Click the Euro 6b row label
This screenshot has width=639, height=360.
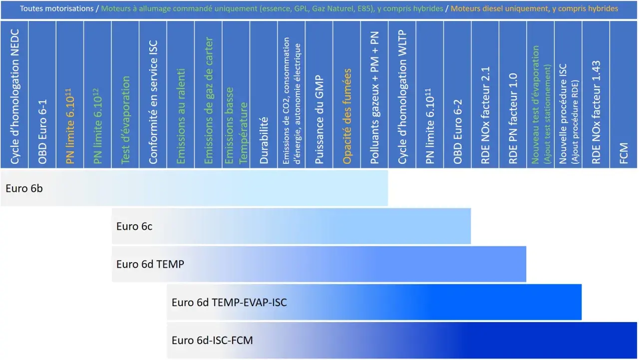pos(24,189)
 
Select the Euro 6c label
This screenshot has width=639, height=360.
pos(134,226)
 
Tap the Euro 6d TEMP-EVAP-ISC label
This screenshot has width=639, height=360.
pos(229,303)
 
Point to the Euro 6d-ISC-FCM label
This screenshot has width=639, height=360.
pos(212,341)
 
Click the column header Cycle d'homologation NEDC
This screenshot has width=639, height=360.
pos(14,96)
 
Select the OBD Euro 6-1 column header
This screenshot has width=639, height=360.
pos(42,132)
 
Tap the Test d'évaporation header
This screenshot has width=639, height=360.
pos(125,120)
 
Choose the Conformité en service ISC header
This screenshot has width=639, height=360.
pos(153,102)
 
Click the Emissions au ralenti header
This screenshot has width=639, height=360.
pos(181,116)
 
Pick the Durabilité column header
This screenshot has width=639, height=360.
pos(264,140)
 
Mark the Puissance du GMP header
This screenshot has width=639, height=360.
pos(319,120)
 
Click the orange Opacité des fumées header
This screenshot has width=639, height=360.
pos(346,116)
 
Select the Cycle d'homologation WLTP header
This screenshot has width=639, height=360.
pos(402,97)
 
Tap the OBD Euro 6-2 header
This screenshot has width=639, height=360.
pos(457,132)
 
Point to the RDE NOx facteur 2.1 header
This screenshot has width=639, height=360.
pos(485,115)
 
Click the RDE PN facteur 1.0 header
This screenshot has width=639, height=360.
pos(513,119)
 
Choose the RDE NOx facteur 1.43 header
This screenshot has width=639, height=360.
pos(596,112)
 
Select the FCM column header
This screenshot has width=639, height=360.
pos(624,153)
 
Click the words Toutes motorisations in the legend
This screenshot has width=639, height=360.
pos(56,8)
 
